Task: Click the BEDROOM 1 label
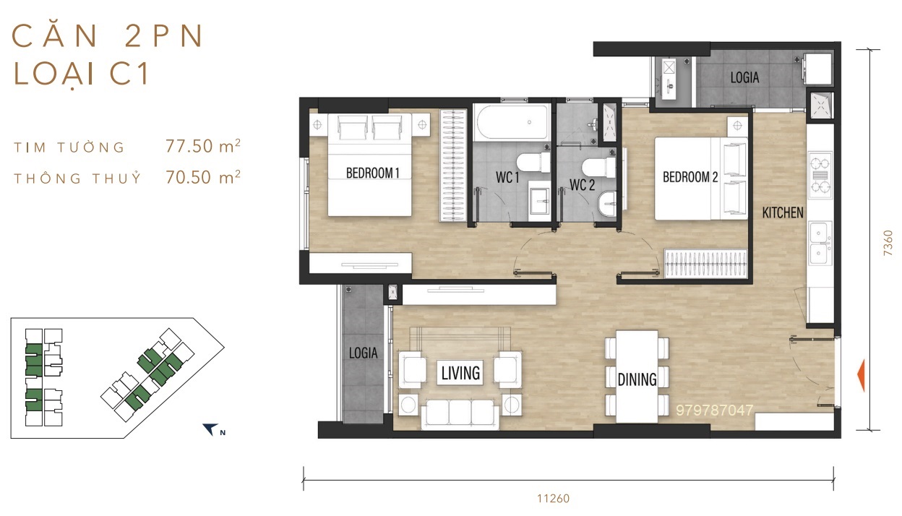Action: click(x=372, y=173)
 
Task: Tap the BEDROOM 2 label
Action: click(x=690, y=176)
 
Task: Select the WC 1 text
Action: click(x=507, y=177)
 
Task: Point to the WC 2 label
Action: click(x=583, y=185)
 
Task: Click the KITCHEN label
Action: click(x=783, y=212)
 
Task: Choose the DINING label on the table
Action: click(x=637, y=379)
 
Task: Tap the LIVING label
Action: click(x=460, y=373)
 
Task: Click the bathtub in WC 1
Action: click(x=512, y=122)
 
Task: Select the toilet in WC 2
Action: click(x=599, y=168)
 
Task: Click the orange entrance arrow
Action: click(x=860, y=375)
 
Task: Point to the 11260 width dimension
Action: click(x=554, y=499)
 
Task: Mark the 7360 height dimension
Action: click(x=888, y=243)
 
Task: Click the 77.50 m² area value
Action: click(x=203, y=145)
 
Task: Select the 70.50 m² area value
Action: click(x=203, y=176)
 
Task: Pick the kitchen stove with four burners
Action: click(x=820, y=175)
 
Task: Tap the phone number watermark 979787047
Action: click(x=714, y=410)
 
